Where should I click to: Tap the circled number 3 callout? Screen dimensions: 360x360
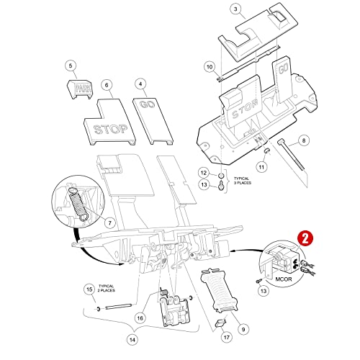[x=235, y=9]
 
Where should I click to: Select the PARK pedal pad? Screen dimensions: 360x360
[x=79, y=89]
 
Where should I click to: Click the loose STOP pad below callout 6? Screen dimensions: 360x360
[x=109, y=122]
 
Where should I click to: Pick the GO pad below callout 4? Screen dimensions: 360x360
[x=153, y=121]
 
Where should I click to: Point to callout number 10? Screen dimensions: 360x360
[x=210, y=67]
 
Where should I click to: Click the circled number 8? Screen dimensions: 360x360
[x=304, y=140]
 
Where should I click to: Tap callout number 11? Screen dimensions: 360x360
[x=261, y=166]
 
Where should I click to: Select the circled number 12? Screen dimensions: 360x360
[x=204, y=173]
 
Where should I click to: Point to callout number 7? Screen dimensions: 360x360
[x=109, y=223]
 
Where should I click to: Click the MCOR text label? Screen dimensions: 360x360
[x=284, y=279]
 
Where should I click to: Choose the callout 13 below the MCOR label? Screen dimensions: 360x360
[x=264, y=291]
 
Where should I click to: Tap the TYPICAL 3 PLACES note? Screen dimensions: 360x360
[x=243, y=181]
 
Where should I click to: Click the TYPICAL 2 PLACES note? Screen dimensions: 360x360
[x=106, y=288]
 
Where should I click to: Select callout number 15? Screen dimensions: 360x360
[x=89, y=289]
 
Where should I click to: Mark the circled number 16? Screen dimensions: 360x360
[x=140, y=318]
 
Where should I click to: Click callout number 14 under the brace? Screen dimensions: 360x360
[x=132, y=340]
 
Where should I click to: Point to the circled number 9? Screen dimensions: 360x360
[x=243, y=329]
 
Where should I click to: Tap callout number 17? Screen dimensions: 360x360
[x=227, y=338]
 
